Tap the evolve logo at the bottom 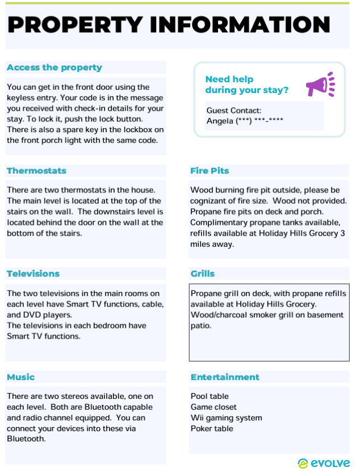click(324, 464)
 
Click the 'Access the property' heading click(55, 68)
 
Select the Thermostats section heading click(36, 171)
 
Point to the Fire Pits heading click(210, 171)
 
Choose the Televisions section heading click(33, 274)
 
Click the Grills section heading click(203, 274)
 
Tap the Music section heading click(21, 377)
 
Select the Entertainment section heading click(225, 377)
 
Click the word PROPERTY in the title click(75, 25)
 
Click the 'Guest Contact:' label click(234, 111)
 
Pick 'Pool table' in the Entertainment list click(210, 396)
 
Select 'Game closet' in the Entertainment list click(214, 407)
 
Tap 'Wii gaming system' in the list click(226, 418)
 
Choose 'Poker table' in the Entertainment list click(212, 428)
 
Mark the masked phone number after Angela click(255, 121)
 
